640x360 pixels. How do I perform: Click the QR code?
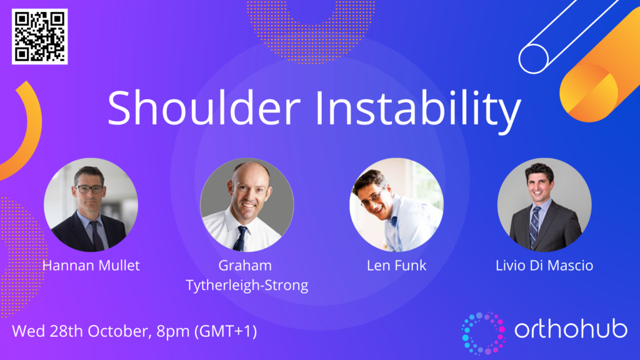[x=39, y=36]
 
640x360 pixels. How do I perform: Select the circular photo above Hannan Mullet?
[x=91, y=204]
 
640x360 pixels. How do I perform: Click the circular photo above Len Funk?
[x=396, y=204]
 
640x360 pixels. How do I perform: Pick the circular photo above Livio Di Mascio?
[x=544, y=204]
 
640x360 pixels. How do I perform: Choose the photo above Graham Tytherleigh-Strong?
[x=247, y=204]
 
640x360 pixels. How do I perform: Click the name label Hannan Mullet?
[x=91, y=265]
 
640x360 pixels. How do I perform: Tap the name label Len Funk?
[x=396, y=265]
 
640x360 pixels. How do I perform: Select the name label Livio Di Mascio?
[x=544, y=265]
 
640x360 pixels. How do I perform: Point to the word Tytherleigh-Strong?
[x=247, y=285]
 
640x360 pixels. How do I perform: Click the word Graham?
[x=245, y=265]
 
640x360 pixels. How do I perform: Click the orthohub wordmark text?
[x=571, y=329]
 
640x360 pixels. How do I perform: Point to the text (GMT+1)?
[x=226, y=331]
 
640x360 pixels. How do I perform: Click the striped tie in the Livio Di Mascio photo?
[x=534, y=226]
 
